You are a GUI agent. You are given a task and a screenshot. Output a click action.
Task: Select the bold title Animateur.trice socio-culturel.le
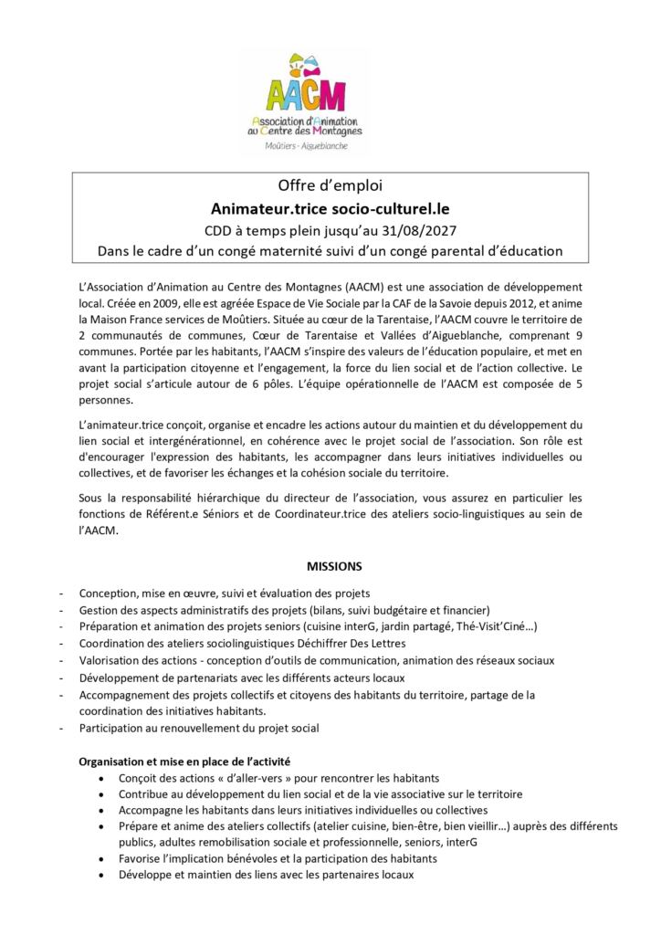[330, 208]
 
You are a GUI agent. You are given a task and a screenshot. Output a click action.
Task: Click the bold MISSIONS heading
[330, 566]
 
